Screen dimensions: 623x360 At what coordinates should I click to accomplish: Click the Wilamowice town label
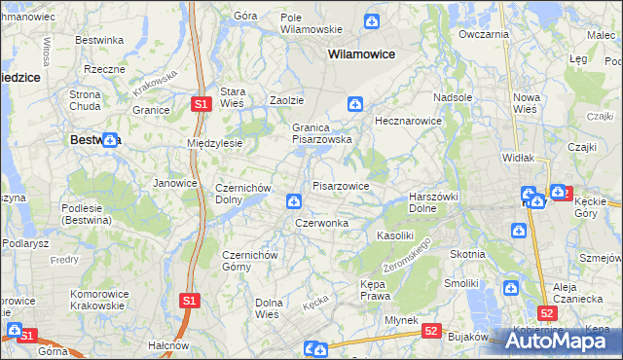click(x=361, y=54)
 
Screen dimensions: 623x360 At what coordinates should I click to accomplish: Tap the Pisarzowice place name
click(x=340, y=185)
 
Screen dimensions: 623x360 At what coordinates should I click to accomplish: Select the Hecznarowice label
click(x=409, y=122)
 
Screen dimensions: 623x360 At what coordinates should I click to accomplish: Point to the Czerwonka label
click(x=321, y=223)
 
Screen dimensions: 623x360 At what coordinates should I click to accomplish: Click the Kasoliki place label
click(x=395, y=235)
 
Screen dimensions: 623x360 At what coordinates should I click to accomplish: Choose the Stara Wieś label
click(x=233, y=97)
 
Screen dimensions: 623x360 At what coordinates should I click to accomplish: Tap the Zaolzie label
click(x=287, y=100)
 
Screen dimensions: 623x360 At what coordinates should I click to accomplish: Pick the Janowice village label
click(x=176, y=182)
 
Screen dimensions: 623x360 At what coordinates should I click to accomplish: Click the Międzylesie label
click(x=214, y=143)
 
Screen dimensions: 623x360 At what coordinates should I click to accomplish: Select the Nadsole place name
click(x=453, y=97)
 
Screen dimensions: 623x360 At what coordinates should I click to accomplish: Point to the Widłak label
click(x=517, y=157)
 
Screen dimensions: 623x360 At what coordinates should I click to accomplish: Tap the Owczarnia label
click(x=484, y=34)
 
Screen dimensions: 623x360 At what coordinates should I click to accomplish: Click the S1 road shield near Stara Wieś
click(x=200, y=104)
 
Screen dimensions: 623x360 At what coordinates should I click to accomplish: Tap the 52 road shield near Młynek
click(x=432, y=331)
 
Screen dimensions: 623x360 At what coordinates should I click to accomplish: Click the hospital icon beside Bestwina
click(x=110, y=139)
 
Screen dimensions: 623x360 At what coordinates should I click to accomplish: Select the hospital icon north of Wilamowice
click(x=372, y=21)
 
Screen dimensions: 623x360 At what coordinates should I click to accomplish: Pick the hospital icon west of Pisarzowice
click(x=293, y=201)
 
